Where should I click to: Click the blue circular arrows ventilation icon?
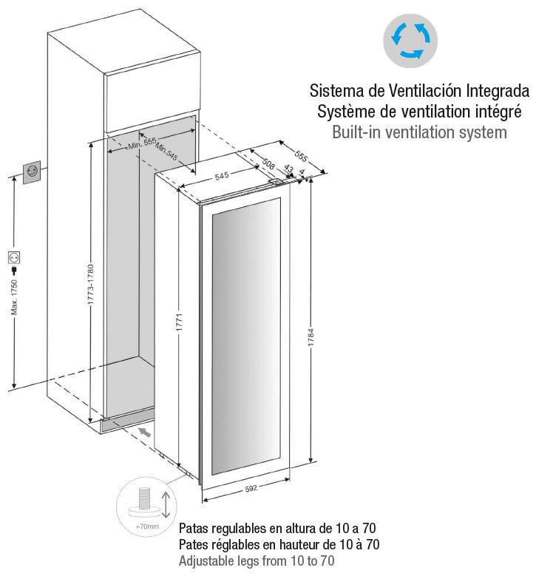410,41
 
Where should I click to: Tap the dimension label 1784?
311,337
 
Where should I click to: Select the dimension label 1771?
179,322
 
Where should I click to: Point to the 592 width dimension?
251,489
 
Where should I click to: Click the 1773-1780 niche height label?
90,285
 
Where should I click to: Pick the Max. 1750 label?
14,297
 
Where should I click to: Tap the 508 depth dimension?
268,164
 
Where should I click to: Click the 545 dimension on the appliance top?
222,176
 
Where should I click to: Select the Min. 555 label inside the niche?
142,143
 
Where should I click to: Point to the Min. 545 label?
166,152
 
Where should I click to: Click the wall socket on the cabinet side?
32,172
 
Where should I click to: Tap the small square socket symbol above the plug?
14,257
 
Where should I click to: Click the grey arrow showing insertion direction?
145,432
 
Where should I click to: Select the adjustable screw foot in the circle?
144,504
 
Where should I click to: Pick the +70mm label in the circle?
147,526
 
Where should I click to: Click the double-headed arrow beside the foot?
166,504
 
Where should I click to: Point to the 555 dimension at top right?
300,156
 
